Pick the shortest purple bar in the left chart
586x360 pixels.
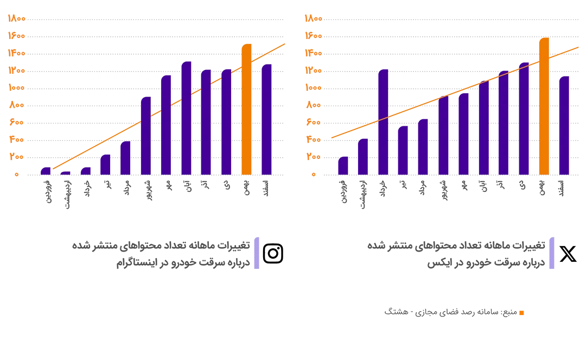(66, 173)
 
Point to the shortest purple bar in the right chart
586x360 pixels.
(343, 166)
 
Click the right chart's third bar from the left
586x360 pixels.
(383, 122)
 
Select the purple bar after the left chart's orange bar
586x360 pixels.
(266, 119)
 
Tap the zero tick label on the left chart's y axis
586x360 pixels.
(17, 174)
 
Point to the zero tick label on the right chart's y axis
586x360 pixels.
(313, 174)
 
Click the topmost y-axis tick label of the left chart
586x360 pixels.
(16, 18)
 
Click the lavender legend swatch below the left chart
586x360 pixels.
(256, 254)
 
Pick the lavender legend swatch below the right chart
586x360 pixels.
(551, 254)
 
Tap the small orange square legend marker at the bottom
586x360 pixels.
(521, 312)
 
